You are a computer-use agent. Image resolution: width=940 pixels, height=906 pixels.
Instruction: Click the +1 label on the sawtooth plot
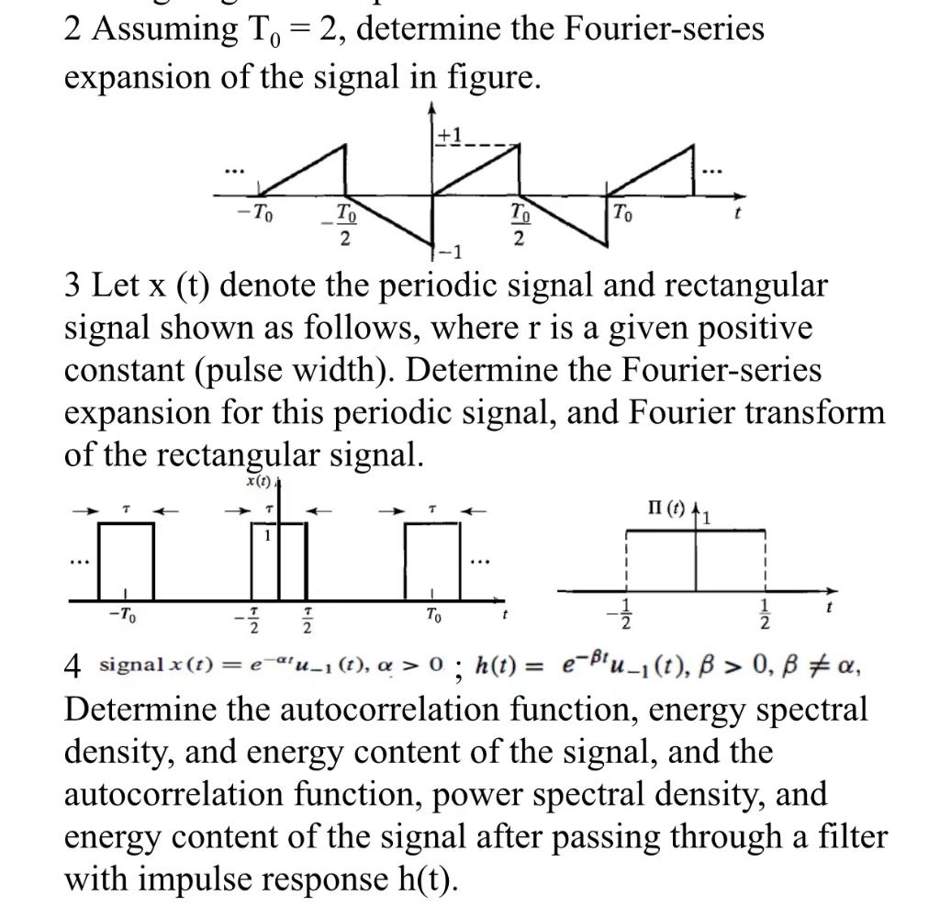click(449, 135)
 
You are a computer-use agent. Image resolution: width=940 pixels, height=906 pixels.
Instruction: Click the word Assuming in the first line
click(156, 29)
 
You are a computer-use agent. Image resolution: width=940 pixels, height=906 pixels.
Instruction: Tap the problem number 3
click(73, 286)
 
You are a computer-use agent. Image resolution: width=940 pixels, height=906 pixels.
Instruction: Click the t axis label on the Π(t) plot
click(829, 607)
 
